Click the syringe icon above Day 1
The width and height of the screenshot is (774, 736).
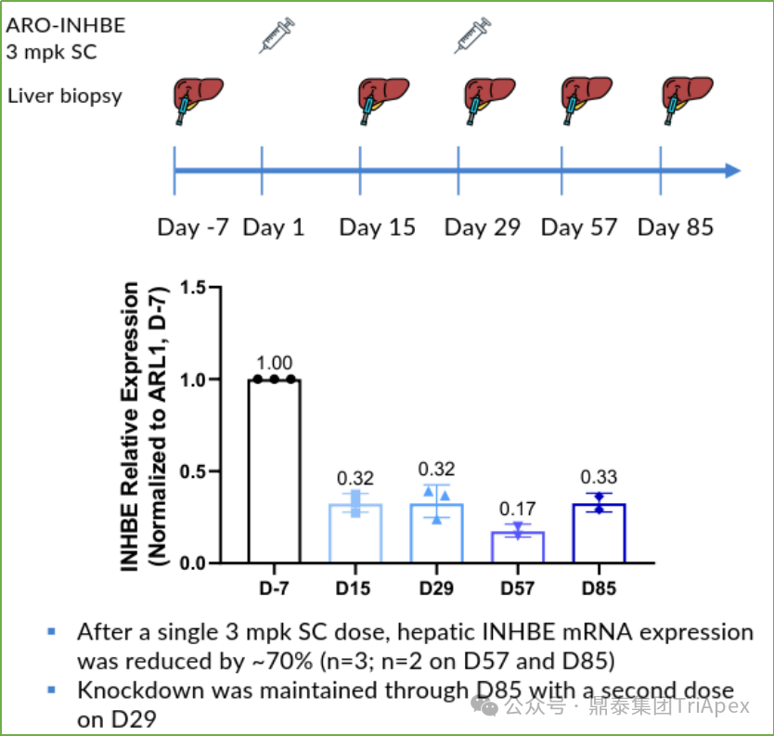pyautogui.click(x=277, y=33)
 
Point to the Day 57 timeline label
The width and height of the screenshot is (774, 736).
pyautogui.click(x=578, y=227)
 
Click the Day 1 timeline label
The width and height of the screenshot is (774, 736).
pyautogui.click(x=274, y=227)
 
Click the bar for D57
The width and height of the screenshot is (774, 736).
pyautogui.click(x=518, y=547)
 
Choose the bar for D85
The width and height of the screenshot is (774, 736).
pyautogui.click(x=599, y=533)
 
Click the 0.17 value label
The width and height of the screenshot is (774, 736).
pyautogui.click(x=518, y=509)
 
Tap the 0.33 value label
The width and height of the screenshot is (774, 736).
pyautogui.click(x=599, y=477)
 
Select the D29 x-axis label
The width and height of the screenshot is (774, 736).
pyautogui.click(x=436, y=588)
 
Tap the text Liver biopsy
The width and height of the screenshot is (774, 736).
pyautogui.click(x=65, y=95)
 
